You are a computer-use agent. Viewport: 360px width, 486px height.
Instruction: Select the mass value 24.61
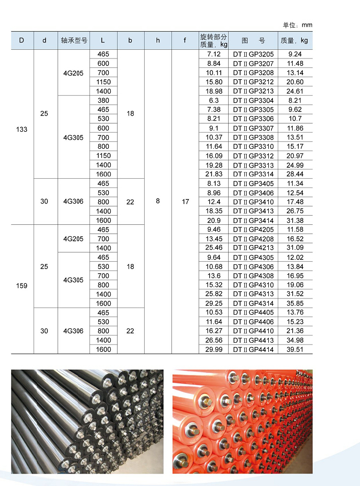(x=295, y=91)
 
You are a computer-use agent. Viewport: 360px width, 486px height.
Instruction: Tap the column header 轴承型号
(x=74, y=40)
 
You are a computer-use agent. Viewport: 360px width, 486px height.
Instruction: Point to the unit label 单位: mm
(x=297, y=25)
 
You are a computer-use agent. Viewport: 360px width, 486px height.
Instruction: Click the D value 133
(x=22, y=129)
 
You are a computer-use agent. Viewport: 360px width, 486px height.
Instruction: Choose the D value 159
(x=22, y=286)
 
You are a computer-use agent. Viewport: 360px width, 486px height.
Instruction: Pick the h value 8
(x=158, y=201)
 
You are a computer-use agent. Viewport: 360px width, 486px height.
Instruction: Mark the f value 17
(x=185, y=201)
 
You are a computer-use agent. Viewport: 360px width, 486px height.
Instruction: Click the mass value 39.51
(x=295, y=349)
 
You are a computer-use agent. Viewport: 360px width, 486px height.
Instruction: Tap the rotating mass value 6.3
(x=214, y=100)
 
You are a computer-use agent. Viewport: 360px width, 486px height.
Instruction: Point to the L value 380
(x=103, y=100)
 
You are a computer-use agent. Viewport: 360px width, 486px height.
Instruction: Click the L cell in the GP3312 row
(x=103, y=156)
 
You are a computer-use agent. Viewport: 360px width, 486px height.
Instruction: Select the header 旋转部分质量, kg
(x=214, y=41)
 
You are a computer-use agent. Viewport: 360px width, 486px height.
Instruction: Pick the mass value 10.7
(x=295, y=119)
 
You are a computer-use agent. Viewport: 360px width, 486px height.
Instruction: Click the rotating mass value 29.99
(x=214, y=349)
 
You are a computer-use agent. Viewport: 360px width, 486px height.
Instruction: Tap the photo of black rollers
(x=87, y=421)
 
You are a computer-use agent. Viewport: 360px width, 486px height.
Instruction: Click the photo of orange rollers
(x=242, y=421)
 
